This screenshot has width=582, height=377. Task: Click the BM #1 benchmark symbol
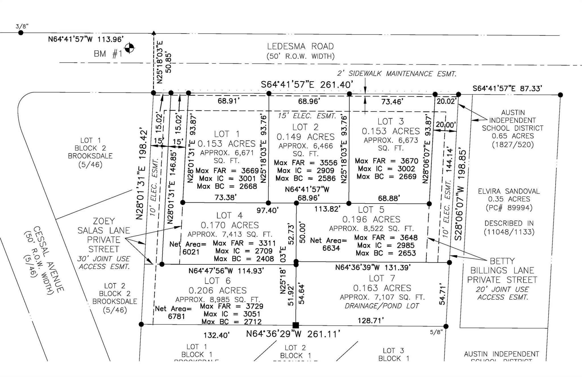point(130,48)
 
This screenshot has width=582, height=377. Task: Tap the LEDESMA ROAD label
point(300,46)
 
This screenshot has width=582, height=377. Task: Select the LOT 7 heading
point(382,278)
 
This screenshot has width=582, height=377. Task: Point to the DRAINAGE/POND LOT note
point(382,306)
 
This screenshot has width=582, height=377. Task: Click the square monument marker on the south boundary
point(296,325)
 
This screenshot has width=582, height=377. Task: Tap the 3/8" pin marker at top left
point(20,33)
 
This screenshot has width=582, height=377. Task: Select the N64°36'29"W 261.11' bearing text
point(293,334)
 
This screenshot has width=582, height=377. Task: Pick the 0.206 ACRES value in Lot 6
point(218,291)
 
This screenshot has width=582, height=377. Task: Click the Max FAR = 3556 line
point(305,163)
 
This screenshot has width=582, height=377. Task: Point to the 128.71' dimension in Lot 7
point(371,321)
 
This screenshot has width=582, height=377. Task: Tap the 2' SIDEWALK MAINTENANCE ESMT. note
point(397,74)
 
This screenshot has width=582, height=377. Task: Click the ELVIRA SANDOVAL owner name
point(509,191)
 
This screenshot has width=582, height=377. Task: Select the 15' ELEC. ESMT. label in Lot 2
point(307,116)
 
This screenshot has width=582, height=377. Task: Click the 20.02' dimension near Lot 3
point(446,101)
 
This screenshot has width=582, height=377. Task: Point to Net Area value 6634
point(331,248)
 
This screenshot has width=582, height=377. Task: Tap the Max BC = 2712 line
point(231,322)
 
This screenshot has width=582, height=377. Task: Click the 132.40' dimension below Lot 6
point(217,335)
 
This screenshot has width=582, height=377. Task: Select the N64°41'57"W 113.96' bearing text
point(86,39)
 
